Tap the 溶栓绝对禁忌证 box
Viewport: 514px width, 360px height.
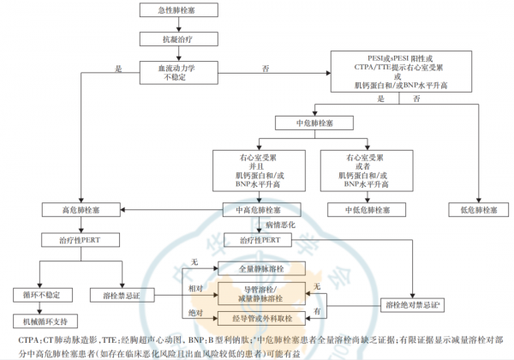coord(412,304)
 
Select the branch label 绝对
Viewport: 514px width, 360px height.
coord(195,312)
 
